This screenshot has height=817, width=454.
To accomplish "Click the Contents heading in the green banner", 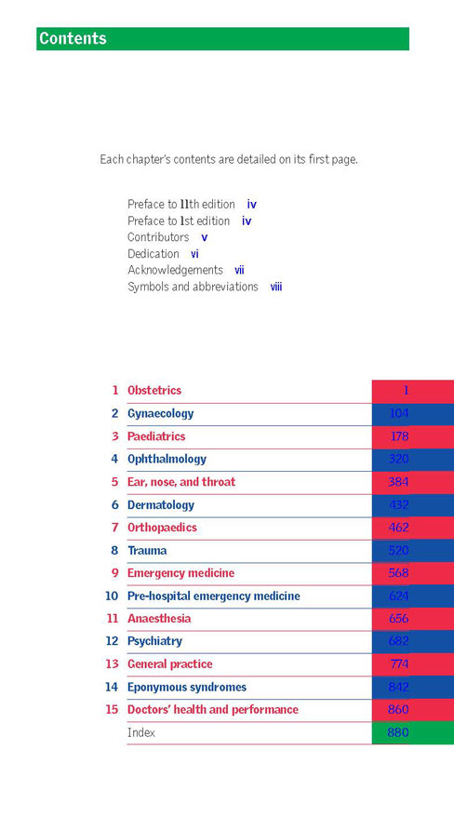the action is coord(73,38).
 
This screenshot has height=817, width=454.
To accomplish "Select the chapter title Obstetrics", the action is coord(154,390).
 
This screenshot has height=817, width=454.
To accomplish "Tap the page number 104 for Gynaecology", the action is coord(399,413).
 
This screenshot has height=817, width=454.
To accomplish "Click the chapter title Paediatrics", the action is coord(156,436).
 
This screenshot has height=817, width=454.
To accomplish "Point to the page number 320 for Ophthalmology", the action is coord(399,459).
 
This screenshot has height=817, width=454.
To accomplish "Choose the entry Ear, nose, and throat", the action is coord(181,482).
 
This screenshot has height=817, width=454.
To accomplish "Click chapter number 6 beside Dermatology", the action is coord(115,505).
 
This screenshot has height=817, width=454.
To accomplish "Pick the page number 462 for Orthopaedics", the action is coord(399,528).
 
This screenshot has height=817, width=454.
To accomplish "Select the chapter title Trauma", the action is coord(147,550).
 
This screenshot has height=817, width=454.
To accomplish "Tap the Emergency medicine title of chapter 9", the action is coord(180,573).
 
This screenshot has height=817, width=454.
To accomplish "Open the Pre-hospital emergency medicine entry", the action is coord(213,596).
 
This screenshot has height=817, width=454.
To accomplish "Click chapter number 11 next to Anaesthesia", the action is coord(113,619).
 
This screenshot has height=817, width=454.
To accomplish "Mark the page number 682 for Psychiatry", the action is coord(399,641).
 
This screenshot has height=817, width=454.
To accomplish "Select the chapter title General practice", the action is coord(169,664).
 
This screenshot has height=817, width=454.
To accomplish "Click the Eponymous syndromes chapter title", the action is coord(187,688).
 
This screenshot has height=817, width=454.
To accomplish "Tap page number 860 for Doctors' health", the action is coord(399,710).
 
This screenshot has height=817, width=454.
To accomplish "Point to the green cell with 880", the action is coord(413,732).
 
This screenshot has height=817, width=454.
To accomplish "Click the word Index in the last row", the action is coord(141,732).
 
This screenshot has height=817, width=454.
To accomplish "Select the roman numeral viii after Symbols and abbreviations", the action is coord(276,287).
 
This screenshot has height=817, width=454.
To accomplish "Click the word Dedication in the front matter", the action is coord(154,254).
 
